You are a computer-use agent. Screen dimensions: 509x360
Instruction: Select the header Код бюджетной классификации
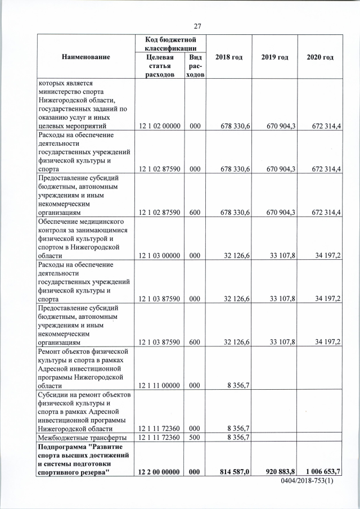[170, 43]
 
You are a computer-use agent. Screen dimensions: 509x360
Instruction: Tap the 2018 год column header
[228, 57]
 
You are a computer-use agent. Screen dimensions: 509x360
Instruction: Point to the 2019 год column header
[274, 57]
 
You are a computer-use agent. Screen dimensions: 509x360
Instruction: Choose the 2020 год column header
[320, 57]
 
